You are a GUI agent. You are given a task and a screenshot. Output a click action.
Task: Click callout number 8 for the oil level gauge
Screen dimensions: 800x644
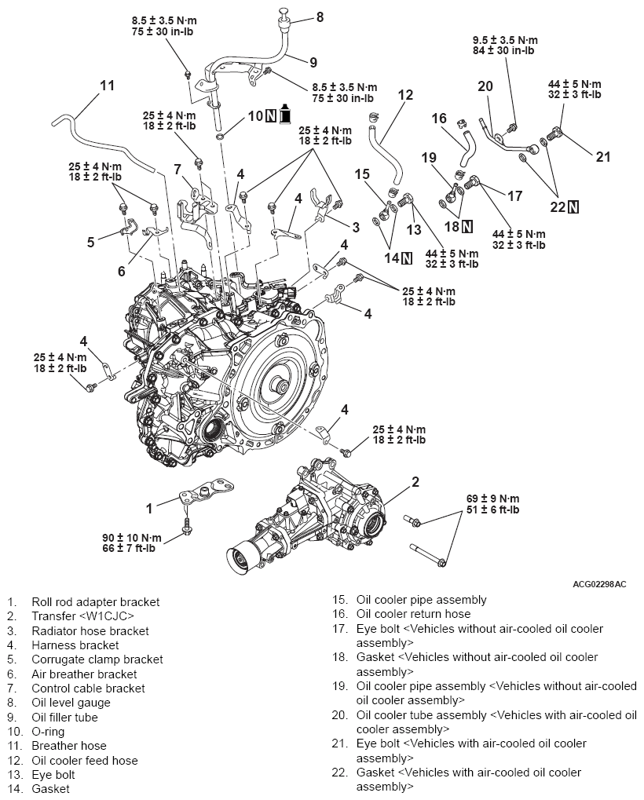coord(320,16)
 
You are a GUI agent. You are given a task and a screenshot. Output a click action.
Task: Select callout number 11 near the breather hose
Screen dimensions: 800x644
coord(108,84)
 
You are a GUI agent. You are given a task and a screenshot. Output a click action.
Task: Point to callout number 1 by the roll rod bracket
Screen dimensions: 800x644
coord(148,508)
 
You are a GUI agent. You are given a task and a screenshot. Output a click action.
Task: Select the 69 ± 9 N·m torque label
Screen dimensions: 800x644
coord(492,499)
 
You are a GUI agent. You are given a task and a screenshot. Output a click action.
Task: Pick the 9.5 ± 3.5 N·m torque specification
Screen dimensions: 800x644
coord(506,39)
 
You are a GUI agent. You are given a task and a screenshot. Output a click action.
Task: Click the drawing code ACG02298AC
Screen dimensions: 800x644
coord(600,584)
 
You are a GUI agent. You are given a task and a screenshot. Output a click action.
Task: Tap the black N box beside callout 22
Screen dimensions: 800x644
coord(574,207)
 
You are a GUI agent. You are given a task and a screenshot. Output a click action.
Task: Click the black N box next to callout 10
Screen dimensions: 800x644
coord(270,115)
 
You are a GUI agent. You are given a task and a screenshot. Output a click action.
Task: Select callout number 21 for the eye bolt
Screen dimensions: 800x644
coord(602,156)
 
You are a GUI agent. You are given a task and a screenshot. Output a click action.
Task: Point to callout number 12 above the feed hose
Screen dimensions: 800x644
coord(405,95)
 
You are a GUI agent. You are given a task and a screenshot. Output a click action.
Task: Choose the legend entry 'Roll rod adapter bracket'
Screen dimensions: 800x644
coord(95,602)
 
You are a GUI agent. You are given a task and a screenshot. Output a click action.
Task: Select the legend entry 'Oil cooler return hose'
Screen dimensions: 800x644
coord(413,614)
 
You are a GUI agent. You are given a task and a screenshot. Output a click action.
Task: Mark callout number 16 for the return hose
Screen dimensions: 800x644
coord(439,119)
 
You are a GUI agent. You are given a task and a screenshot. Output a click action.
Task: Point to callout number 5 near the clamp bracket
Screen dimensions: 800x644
coord(91,242)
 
